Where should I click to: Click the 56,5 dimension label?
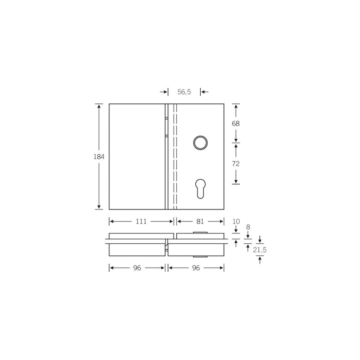point(184,92)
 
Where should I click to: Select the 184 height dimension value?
point(99,157)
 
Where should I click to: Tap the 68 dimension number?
point(236,124)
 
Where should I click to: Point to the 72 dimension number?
point(236,164)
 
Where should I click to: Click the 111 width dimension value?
point(141,222)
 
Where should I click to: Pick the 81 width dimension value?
point(200,222)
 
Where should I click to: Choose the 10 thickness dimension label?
point(236,222)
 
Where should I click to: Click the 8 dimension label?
point(248,227)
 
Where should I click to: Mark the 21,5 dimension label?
point(260,250)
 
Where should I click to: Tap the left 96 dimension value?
point(137,268)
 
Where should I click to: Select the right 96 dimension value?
point(196,268)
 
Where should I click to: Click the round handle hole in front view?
point(200,143)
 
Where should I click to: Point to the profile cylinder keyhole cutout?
point(200,188)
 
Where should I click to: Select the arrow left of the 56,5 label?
point(164,92)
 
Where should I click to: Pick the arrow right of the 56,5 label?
point(204,92)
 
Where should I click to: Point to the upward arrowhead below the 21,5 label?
point(260,259)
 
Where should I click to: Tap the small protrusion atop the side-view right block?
point(200,232)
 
